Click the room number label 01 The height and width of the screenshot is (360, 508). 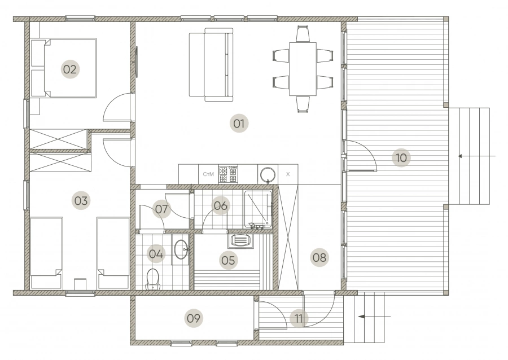pos(239,124)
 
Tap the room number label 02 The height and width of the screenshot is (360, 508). pos(69,69)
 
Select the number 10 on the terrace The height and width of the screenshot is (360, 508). pos(401,157)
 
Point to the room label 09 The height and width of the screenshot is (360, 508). pos(194,318)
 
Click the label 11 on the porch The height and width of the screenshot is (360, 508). pos(299,318)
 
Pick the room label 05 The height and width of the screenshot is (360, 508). pos(228,260)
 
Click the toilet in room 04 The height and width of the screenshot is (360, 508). pos(152,279)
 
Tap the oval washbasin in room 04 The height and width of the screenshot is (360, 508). pos(181,249)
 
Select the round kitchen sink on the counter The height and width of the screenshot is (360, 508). pos(268,175)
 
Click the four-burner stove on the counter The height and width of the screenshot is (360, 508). pos(228,174)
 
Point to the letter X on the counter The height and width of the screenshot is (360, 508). pos(288,174)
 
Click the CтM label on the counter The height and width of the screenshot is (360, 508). pos(208,174)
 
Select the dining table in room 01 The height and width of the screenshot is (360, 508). pos(303,69)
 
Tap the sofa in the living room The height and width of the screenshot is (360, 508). pos(211,64)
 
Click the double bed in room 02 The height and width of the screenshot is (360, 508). pos(63,68)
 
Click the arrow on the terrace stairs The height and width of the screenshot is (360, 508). pos(476,156)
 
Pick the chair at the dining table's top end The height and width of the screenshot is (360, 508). pos(303,34)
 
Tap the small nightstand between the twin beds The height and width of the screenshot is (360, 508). pos(80,284)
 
